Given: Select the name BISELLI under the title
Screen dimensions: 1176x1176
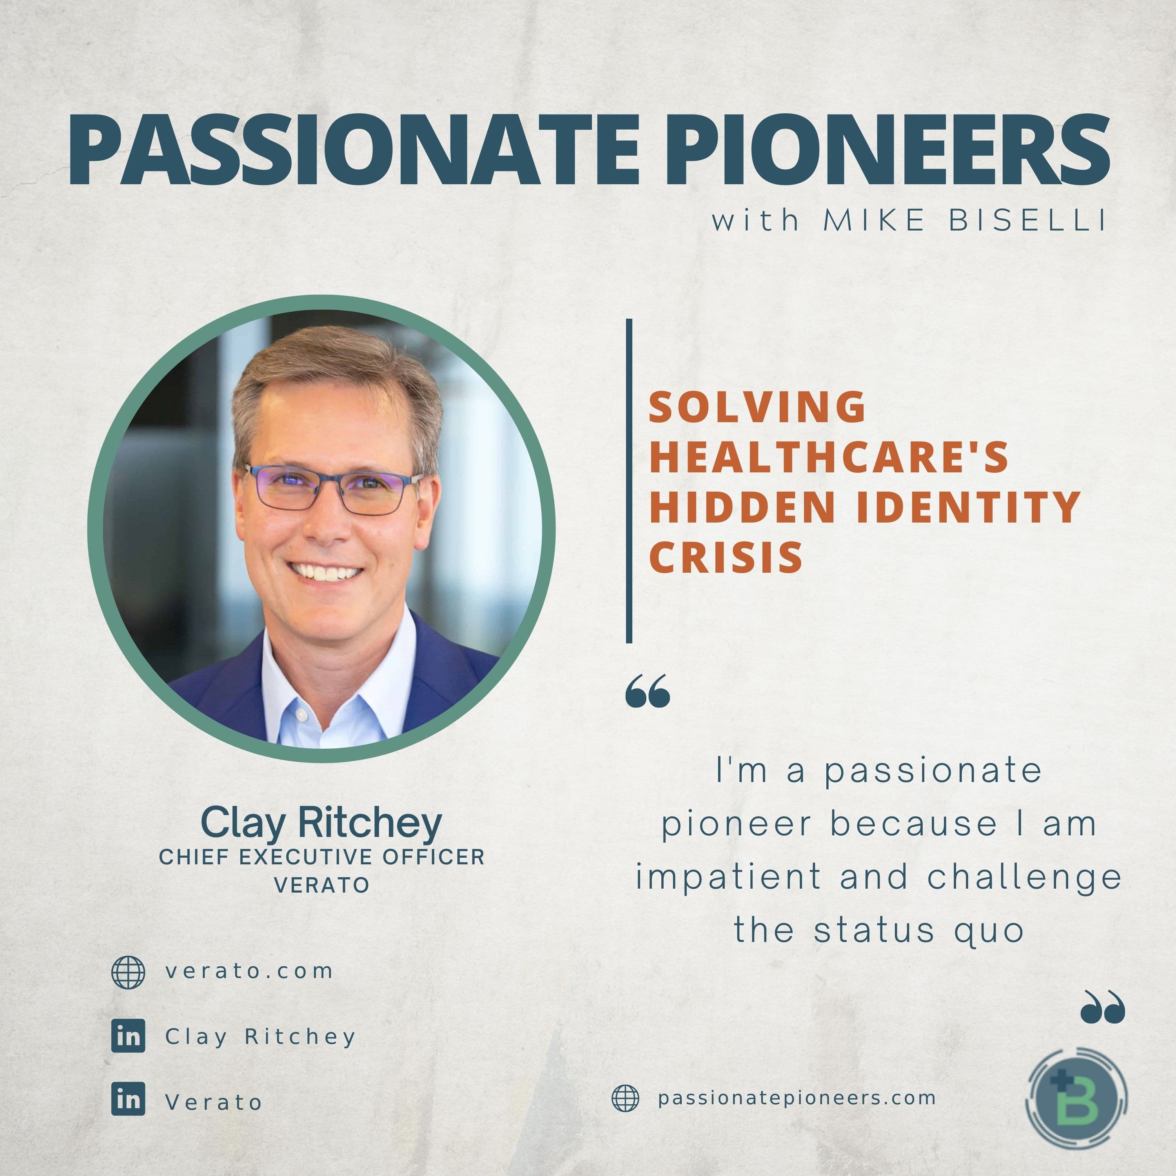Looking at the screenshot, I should click(x=1027, y=220).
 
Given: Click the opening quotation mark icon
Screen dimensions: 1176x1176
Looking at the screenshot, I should click(x=648, y=690).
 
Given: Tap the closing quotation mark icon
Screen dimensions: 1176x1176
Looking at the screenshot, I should click(x=1102, y=1007).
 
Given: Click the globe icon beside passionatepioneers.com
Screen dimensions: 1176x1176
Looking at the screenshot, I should click(x=625, y=1099).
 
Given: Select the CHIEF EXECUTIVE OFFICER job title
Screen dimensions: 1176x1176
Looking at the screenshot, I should click(x=321, y=857).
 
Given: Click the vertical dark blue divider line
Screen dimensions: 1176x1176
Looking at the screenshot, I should click(x=629, y=481).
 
